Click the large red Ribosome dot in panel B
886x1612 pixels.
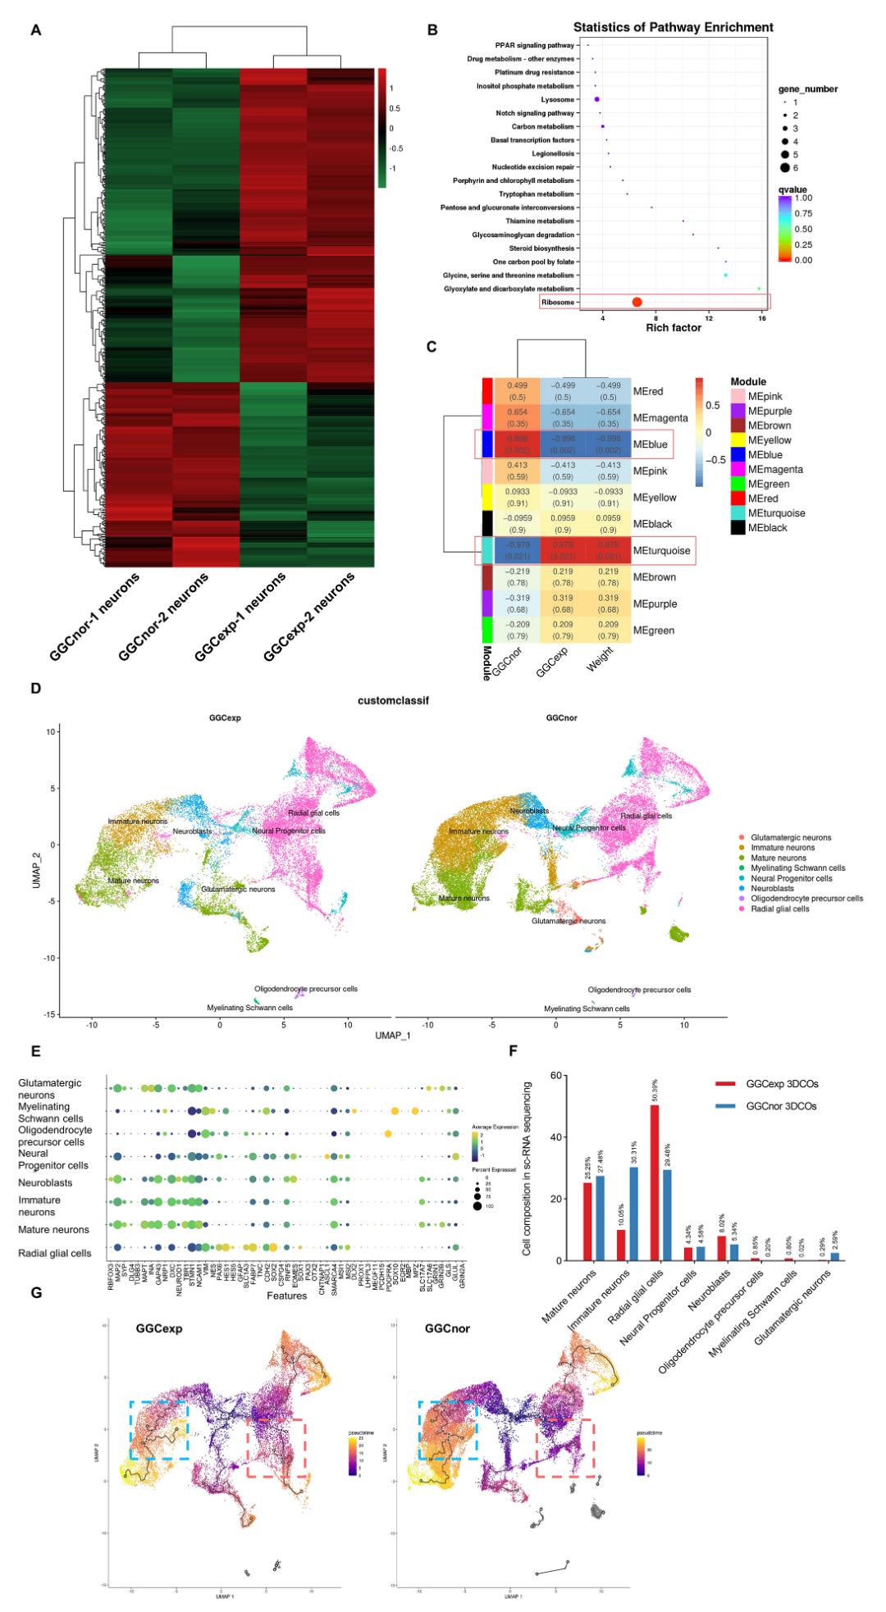637,302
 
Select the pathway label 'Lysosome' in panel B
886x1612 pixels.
557,99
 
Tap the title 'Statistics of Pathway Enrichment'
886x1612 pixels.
673,27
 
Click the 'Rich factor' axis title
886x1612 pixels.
674,328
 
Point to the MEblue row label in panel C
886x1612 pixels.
651,444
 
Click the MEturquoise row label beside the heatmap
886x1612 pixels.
661,551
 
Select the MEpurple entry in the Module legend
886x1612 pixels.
770,411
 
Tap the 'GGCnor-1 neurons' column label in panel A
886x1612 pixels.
94,617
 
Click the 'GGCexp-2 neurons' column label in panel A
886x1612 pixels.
309,617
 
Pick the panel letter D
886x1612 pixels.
35,688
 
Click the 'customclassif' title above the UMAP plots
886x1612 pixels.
393,701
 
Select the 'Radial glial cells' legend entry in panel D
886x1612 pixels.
779,908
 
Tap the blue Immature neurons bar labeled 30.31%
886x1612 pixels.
633,1214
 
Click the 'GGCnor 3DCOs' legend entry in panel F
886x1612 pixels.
781,1106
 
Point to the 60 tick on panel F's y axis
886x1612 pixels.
555,1076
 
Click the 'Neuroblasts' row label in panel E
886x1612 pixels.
45,1183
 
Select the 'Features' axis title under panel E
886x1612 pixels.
286,1296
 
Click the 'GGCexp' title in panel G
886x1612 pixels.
159,1328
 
